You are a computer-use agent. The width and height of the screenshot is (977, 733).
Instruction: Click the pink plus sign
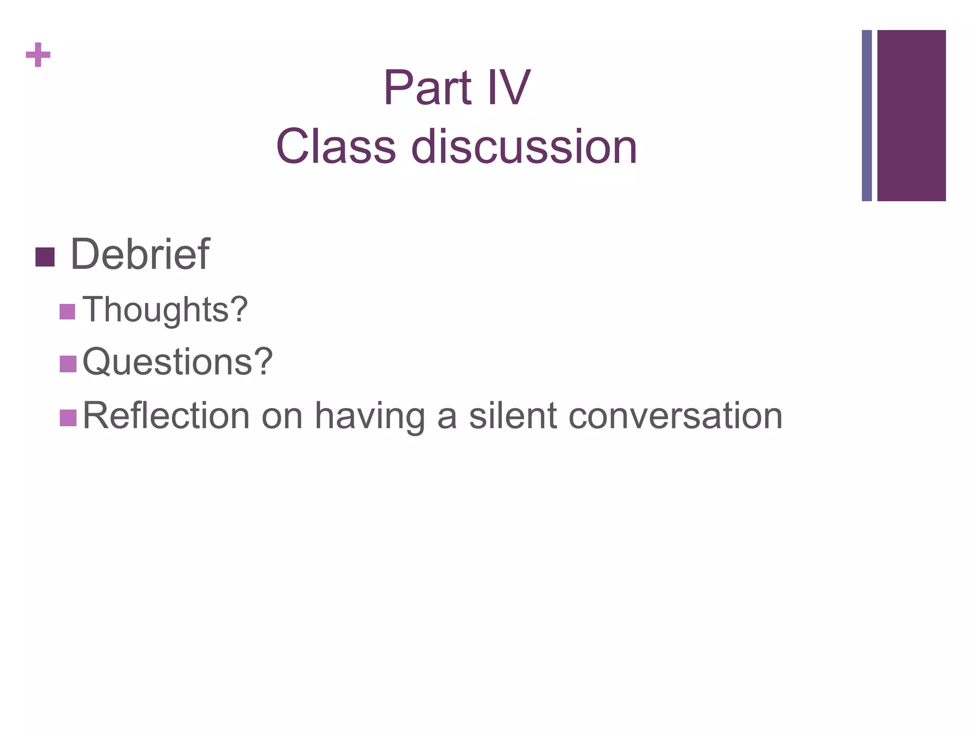point(38,55)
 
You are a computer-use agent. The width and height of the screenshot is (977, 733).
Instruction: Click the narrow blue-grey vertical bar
point(866,115)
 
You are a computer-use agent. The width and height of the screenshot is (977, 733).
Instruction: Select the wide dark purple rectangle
point(911,115)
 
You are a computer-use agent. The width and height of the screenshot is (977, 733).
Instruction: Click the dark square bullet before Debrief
point(45,257)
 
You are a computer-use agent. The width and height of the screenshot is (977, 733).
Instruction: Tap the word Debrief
point(140,254)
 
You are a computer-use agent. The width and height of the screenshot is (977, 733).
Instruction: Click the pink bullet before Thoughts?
point(68,312)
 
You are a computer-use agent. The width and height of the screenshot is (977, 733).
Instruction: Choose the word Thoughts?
point(165,310)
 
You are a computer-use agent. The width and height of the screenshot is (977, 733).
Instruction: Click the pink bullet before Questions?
point(68,364)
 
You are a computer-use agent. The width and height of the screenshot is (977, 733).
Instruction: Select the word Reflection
point(166,416)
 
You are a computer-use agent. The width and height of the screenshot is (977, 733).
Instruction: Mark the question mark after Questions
point(263,362)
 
